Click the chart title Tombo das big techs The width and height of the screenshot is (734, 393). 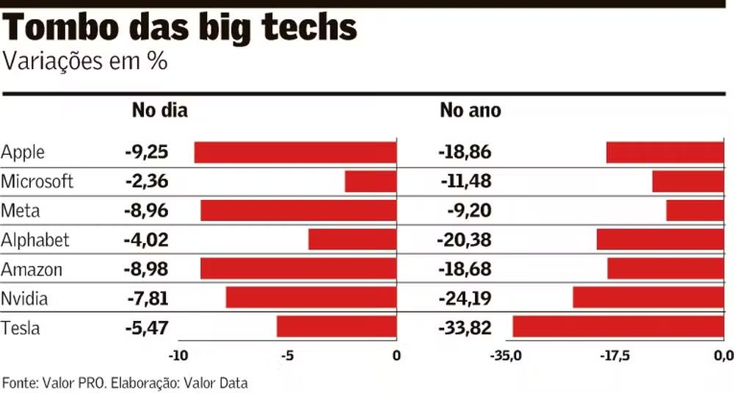pyautogui.click(x=181, y=29)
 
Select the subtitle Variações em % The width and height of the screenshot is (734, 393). pyautogui.click(x=85, y=62)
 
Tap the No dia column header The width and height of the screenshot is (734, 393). pyautogui.click(x=159, y=111)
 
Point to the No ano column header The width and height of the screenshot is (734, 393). pyautogui.click(x=470, y=111)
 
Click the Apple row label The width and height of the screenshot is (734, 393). pyautogui.click(x=23, y=153)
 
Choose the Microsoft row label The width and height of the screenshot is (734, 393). pyautogui.click(x=37, y=181)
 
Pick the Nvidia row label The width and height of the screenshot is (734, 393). pyautogui.click(x=25, y=298)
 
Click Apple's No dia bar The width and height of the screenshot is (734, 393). pyautogui.click(x=295, y=153)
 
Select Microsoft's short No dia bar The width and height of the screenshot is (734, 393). pyautogui.click(x=371, y=181)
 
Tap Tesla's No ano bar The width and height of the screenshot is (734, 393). pyautogui.click(x=618, y=327)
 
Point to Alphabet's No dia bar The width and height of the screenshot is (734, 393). pyautogui.click(x=352, y=239)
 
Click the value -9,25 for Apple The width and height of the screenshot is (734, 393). pyautogui.click(x=147, y=153)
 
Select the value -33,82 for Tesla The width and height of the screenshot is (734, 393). pyautogui.click(x=465, y=328)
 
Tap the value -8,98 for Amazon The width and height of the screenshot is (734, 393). pyautogui.click(x=147, y=269)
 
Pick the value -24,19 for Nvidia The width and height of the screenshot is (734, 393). pyautogui.click(x=465, y=298)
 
